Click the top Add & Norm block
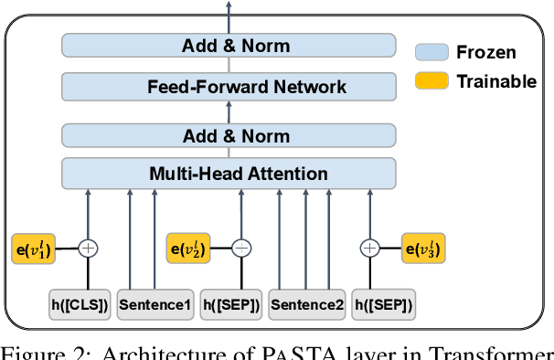point(229,45)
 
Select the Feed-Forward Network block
point(229,88)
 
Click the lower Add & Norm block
point(229,135)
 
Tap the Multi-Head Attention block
point(229,173)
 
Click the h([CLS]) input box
point(80,305)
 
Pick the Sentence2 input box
point(306,305)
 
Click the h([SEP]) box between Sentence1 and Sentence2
point(230,305)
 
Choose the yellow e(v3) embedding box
point(425,248)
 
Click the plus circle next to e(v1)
point(88,248)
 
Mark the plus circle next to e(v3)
point(370,248)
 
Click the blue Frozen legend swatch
point(431,53)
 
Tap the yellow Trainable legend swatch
point(431,81)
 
